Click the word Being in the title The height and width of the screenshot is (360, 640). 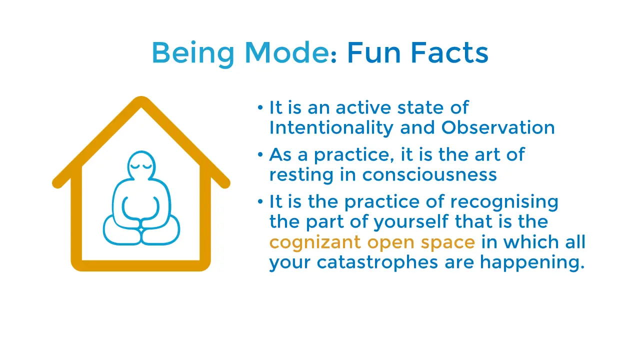click(193, 53)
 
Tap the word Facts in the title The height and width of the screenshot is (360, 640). click(449, 52)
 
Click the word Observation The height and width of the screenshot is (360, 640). click(498, 127)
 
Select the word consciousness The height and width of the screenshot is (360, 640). click(429, 174)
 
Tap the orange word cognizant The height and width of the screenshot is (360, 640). click(315, 242)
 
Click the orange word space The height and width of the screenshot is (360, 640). click(447, 243)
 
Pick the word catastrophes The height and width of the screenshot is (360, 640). click(377, 262)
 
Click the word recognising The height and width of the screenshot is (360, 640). click(504, 202)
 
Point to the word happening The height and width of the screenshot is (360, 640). click(532, 262)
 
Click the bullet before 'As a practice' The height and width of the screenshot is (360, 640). click(260, 155)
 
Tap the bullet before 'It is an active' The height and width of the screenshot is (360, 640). click(260, 107)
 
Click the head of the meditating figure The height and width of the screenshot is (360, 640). click(141, 165)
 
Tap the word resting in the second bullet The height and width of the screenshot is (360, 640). click(301, 175)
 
